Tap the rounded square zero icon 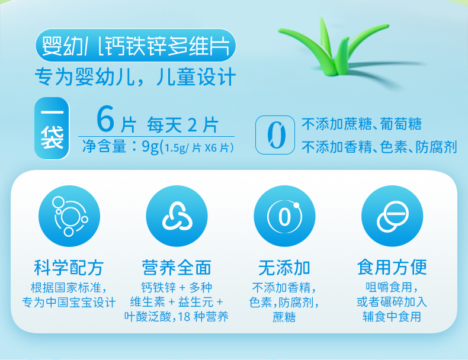coord(274,136)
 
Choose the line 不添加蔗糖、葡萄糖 coord(362,124)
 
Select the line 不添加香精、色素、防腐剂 coord(379,147)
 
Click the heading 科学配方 coord(68,267)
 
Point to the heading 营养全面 coord(177,267)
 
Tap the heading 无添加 coord(284,267)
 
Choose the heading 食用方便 coord(392,267)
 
